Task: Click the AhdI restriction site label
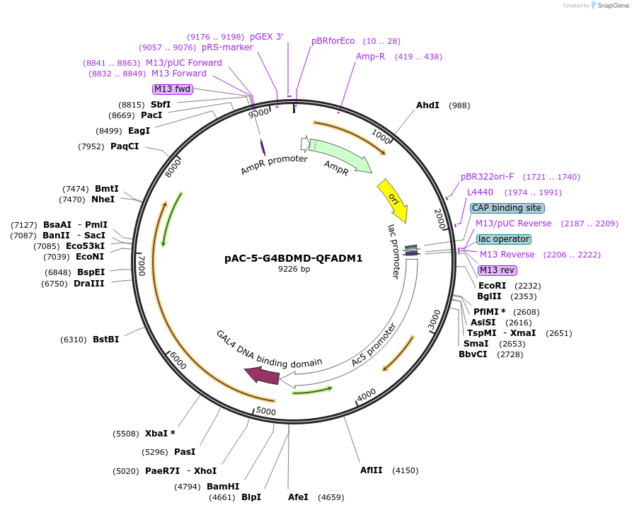pos(427,105)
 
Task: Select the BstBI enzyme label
pos(105,340)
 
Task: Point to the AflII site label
pos(371,470)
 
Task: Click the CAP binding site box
pos(507,208)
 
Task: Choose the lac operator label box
pos(503,239)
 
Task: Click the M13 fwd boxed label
pos(172,89)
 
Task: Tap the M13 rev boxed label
pos(498,270)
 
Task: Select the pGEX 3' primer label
pos(267,37)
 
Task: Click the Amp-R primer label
pos(370,57)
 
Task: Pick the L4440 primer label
pos(480,192)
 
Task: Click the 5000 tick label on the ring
pos(265,411)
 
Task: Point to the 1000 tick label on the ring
pos(381,135)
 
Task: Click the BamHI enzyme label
pos(223,487)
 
